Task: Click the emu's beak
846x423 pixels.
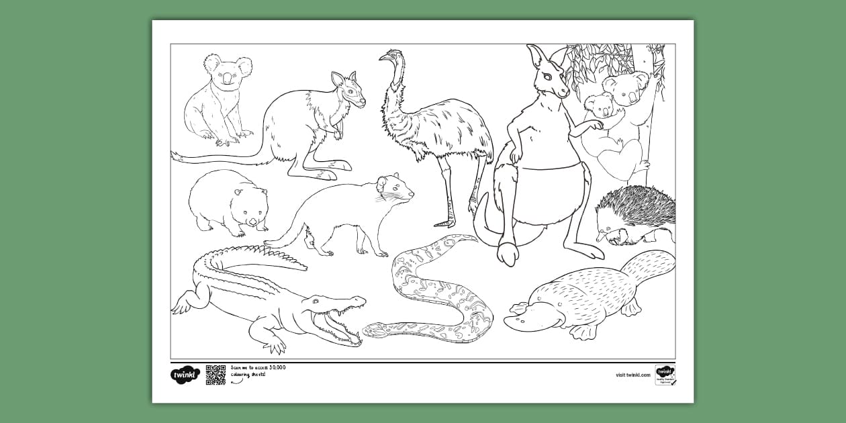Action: pos(383,58)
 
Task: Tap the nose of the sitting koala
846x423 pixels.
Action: pos(227,79)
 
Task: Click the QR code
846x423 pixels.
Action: pos(216,375)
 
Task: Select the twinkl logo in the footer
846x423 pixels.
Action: pos(185,375)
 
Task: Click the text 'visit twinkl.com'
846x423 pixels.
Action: pos(632,375)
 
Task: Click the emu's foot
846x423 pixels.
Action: pos(445,221)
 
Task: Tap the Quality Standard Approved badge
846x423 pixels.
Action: pos(665,375)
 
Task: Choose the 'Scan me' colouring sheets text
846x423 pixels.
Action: pos(258,371)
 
